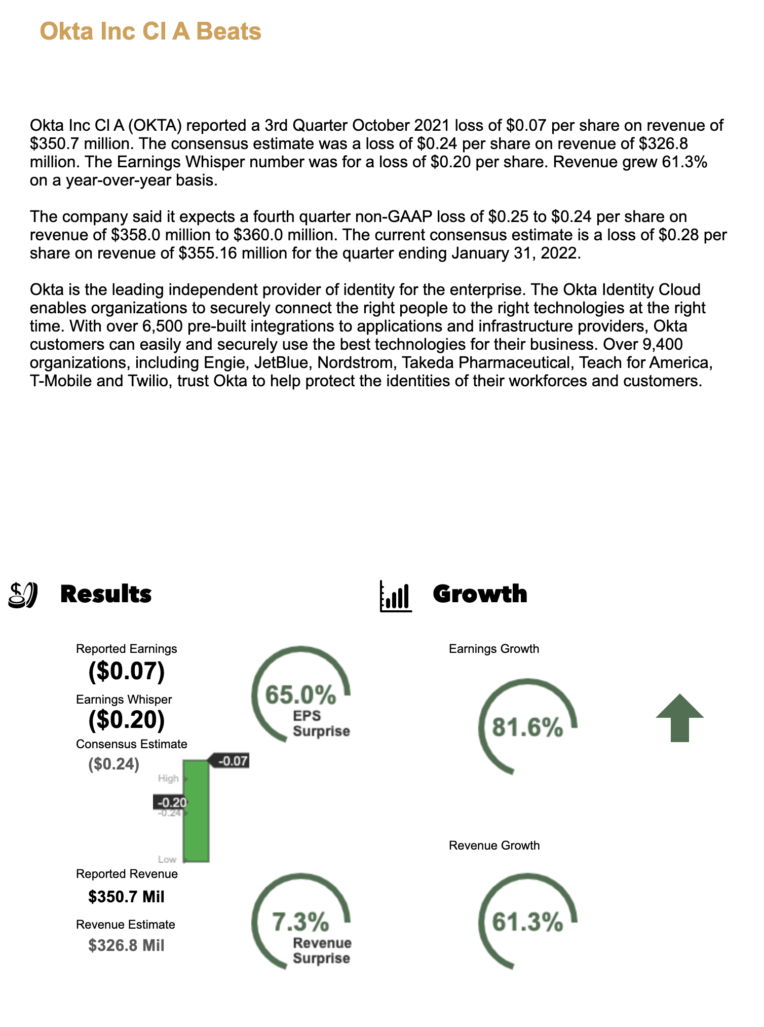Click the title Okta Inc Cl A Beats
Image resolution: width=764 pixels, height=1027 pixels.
(150, 31)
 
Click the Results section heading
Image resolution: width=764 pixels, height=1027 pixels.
(106, 594)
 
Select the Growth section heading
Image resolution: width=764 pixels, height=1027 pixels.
(480, 594)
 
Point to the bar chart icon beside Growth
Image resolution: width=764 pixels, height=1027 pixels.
(396, 596)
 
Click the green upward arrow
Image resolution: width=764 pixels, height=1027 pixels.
(679, 718)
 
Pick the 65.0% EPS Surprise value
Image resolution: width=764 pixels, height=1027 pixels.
(300, 694)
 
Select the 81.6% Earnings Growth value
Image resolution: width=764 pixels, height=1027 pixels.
(527, 728)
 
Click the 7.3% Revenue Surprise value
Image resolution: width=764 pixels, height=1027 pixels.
(300, 922)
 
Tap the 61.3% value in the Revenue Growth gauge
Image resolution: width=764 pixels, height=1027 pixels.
(527, 922)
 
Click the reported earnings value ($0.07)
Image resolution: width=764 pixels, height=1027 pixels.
(127, 671)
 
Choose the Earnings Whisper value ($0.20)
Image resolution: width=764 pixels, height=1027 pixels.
(127, 720)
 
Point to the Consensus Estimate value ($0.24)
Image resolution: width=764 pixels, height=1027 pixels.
(113, 764)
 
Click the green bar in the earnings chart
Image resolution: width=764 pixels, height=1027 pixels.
(196, 811)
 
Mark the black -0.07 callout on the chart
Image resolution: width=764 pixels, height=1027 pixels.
(231, 761)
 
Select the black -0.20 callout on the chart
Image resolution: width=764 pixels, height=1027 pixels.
(171, 802)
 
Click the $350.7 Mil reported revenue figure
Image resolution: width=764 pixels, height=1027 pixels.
(126, 897)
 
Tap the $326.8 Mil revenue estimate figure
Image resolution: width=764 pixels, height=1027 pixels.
(126, 945)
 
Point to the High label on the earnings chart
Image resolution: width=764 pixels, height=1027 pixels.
(168, 778)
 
